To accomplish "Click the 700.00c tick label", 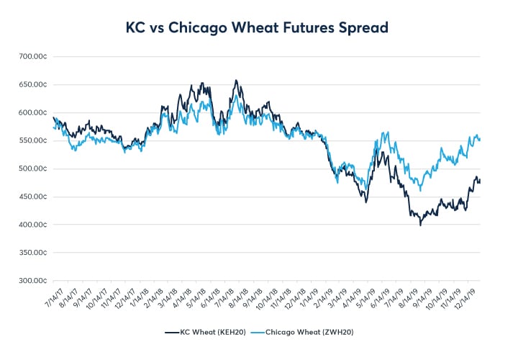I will pyautogui.click(x=33, y=56).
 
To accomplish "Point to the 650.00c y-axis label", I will pyautogui.click(x=33, y=84).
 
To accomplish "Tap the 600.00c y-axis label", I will pyautogui.click(x=33, y=112).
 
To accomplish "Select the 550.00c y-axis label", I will pyautogui.click(x=33, y=140).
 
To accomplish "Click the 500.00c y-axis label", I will pyautogui.click(x=33, y=168).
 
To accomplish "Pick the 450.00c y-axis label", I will pyautogui.click(x=33, y=197).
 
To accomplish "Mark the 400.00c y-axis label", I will pyautogui.click(x=33, y=225).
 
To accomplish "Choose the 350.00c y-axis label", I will pyautogui.click(x=33, y=253).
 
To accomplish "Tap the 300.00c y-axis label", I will pyautogui.click(x=33, y=281).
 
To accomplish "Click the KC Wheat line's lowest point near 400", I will pyautogui.click(x=421, y=225).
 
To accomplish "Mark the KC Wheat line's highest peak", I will pyautogui.click(x=236, y=80).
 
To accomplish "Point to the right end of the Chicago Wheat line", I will pyautogui.click(x=480, y=139).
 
